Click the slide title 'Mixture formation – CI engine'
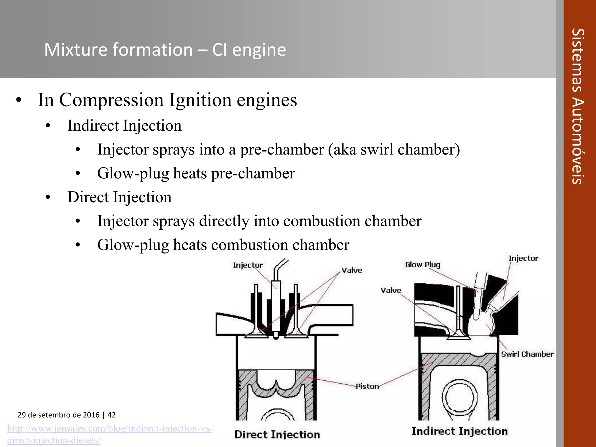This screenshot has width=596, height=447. coord(165,50)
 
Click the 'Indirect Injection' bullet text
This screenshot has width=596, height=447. coord(125,126)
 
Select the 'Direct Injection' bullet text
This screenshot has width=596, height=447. coord(119,197)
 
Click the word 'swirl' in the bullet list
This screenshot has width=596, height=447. coord(377,150)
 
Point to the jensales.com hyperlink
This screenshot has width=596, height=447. coord(110,434)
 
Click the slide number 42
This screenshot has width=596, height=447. coord(112,415)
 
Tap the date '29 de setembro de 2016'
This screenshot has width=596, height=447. coord(58,415)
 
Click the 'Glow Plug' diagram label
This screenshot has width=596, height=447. coord(423,265)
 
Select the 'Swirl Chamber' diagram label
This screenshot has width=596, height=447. coord(527,354)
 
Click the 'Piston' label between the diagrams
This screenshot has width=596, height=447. coord(367,386)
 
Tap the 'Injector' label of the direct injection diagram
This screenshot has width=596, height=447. coord(248,265)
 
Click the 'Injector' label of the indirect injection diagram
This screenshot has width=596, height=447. coord(523,258)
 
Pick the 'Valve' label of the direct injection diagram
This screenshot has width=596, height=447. coord(352,270)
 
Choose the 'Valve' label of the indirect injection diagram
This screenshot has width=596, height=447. coord(391,290)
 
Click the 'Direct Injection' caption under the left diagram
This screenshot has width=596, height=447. coord(277,434)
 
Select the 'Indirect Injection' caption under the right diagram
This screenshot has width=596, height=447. coord(460,431)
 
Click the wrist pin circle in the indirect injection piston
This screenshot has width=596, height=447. coord(460,398)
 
